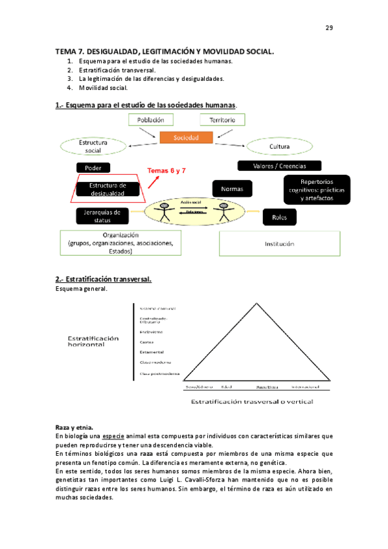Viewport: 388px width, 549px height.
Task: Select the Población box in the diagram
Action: point(151,120)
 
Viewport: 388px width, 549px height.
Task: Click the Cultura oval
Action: point(279,147)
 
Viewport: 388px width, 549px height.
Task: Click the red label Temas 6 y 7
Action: point(167,171)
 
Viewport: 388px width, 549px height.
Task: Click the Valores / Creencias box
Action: point(280,166)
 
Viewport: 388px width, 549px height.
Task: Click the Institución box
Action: point(279,244)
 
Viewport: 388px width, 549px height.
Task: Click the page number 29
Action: point(328,27)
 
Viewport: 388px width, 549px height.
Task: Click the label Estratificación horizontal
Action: point(94,341)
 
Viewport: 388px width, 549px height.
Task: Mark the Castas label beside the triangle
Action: point(146,342)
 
